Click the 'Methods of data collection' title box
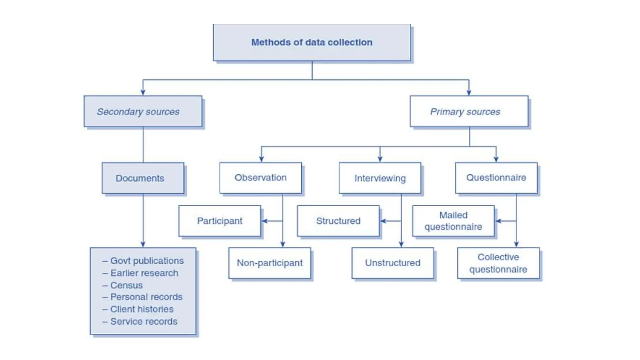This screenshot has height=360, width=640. pos(312,42)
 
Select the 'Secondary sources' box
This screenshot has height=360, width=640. pos(143,111)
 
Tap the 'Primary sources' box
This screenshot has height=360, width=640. pos(469,111)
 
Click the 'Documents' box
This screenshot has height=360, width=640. pos(143,178)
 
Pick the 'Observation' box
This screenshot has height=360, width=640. pos(260,177)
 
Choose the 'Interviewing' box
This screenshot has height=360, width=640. pos(380,178)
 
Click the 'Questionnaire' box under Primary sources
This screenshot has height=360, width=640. pos(496,177)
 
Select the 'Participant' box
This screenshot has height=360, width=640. pos(219,221)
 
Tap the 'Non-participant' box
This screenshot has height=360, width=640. pos(269,263)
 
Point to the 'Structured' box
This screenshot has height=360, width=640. pos(338,221)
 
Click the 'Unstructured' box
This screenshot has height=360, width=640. pos(392,263)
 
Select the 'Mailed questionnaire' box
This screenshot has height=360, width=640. pos(453,221)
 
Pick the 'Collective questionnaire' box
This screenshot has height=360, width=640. pos(498,263)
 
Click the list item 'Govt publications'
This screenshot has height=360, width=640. pos(147,261)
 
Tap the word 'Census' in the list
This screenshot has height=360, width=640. pos(126,285)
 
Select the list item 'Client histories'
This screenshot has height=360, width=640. pos(142,309)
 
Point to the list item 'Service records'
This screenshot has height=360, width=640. pos(143,321)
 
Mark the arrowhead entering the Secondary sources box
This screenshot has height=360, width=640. pos(143,92)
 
